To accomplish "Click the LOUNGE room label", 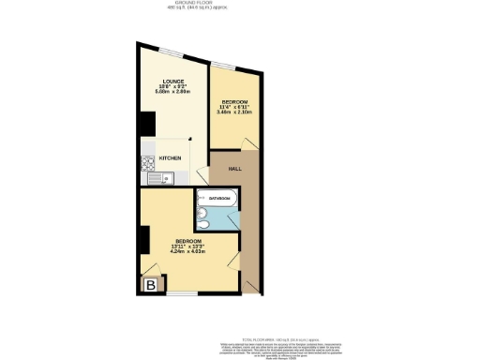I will tap(172, 82).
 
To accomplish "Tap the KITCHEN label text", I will tap(170, 158).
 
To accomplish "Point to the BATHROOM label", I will tap(220, 199).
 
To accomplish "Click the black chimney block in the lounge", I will tap(147, 124).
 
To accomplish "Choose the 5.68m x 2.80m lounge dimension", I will tap(172, 92).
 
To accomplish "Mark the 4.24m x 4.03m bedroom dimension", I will tap(187, 250).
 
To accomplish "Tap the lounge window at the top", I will tap(172, 49).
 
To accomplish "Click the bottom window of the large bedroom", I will tap(182, 294).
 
